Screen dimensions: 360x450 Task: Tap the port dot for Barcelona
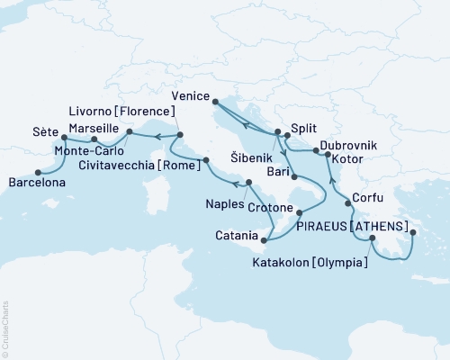tap(38, 172)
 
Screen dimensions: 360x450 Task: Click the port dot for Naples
tap(248, 183)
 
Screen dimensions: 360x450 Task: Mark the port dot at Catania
tap(264, 239)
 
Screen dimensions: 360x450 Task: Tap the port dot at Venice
tap(215, 109)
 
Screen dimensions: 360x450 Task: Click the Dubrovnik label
tap(348, 145)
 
